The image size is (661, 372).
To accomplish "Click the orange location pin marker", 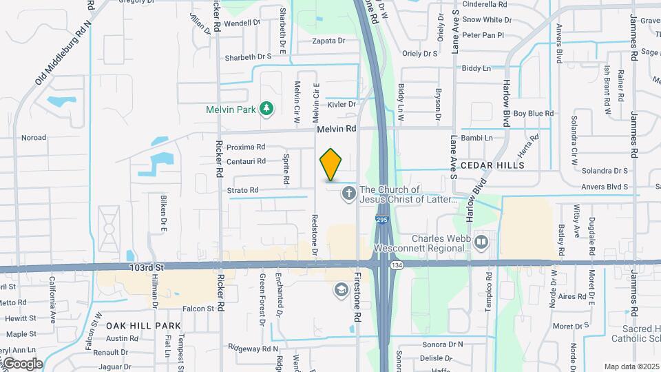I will click(330, 164).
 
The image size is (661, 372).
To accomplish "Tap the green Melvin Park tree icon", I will click(266, 109).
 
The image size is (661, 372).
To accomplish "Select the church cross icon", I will click(349, 194).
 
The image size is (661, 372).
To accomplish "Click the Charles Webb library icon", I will click(481, 241).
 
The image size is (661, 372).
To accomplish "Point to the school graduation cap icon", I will click(341, 289).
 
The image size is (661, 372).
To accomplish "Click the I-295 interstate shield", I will click(383, 220).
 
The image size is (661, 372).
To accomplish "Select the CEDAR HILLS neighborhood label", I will click(492, 165).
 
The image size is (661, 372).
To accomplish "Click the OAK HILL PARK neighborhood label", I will click(143, 326).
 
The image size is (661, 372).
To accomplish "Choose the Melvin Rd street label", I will click(337, 129).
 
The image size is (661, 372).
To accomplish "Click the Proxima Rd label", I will click(246, 147).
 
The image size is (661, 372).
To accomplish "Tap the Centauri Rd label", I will click(246, 161).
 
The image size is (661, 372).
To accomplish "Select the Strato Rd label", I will click(242, 190).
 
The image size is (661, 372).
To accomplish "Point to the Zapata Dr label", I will click(328, 41).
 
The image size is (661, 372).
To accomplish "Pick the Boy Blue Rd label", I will click(534, 113).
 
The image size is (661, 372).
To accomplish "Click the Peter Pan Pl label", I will click(483, 34).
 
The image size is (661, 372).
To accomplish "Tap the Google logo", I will click(22, 363).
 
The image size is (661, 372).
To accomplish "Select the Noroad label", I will click(33, 138).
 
